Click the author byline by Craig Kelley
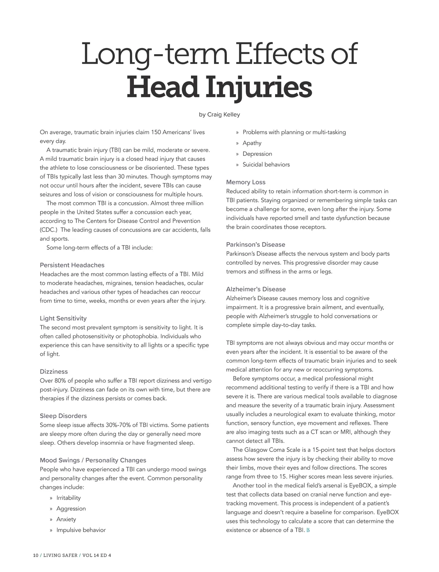coord(219,114)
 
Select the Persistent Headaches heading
coord(72,265)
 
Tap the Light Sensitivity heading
coord(63,318)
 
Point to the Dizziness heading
coord(54,372)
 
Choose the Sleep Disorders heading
coord(63,416)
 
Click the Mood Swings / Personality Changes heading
coord(93,460)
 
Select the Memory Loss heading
coord(246,182)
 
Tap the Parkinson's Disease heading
coord(256,245)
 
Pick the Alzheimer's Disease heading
coord(256,289)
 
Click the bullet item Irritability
coord(68,498)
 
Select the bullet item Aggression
coord(71,508)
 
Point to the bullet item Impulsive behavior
coord(81,530)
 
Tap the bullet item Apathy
coord(252,143)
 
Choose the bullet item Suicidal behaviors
coord(266,165)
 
